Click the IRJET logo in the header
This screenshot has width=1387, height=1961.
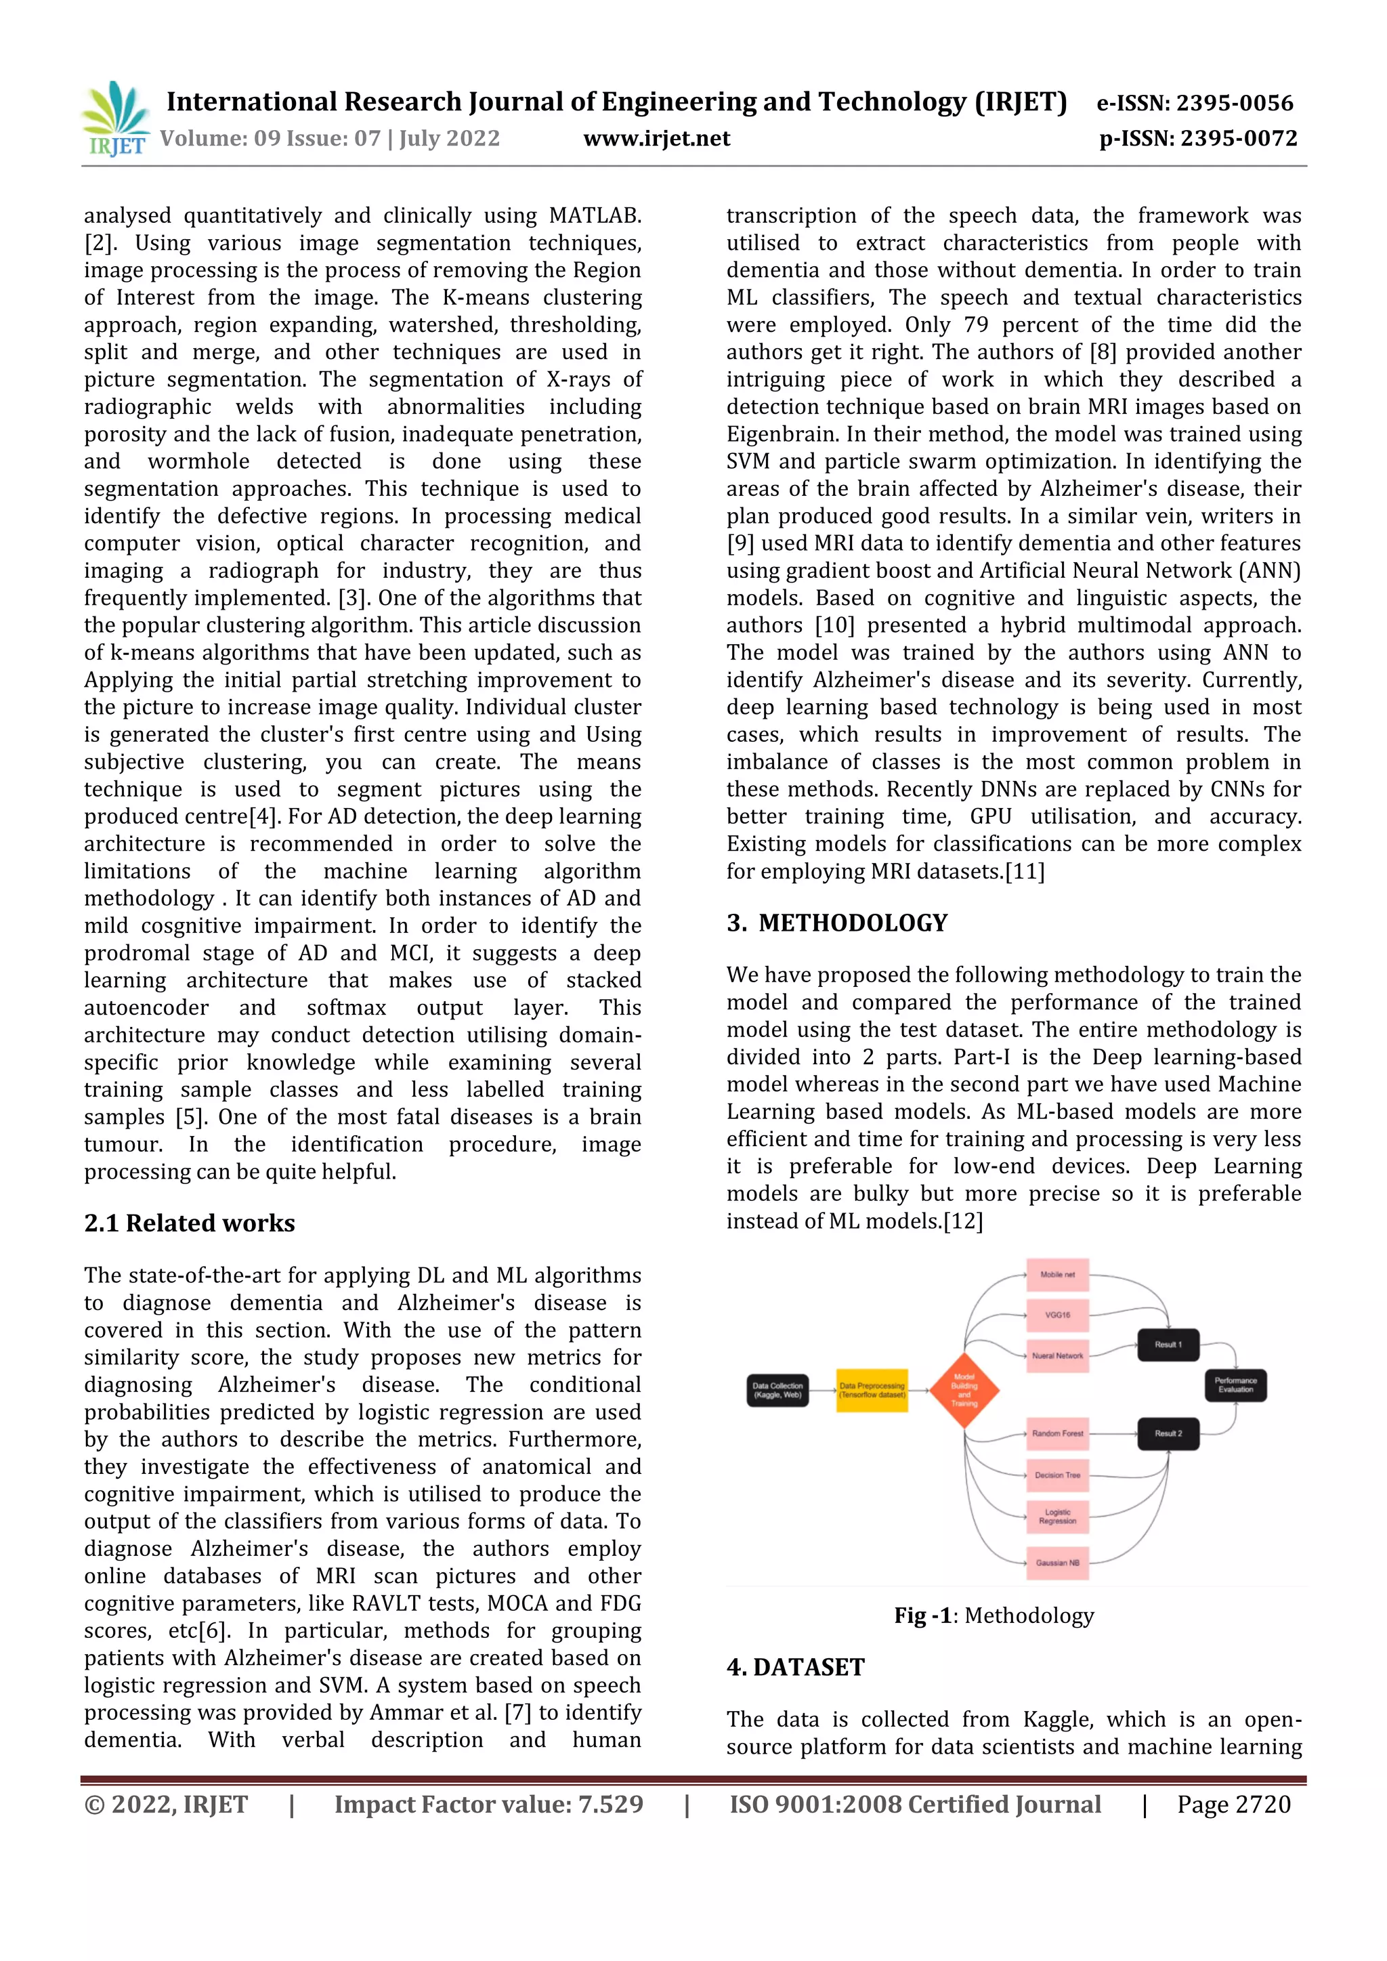[115, 119]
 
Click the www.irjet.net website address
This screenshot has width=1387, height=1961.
[656, 138]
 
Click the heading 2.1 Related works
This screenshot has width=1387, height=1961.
[190, 1223]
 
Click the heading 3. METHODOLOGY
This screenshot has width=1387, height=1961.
[837, 923]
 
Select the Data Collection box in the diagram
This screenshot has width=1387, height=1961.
[777, 1391]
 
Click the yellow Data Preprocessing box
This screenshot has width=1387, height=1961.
[871, 1391]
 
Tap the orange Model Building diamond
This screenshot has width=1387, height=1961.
[964, 1391]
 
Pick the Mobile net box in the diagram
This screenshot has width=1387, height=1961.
[1057, 1274]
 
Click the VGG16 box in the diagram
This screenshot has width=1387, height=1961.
[1057, 1315]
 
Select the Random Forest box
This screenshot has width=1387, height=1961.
[1057, 1433]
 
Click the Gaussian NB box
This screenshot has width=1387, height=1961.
[1057, 1562]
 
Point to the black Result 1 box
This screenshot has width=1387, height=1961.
[1168, 1345]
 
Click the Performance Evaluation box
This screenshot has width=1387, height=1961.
[1235, 1385]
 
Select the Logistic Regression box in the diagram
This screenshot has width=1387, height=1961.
[1057, 1516]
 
